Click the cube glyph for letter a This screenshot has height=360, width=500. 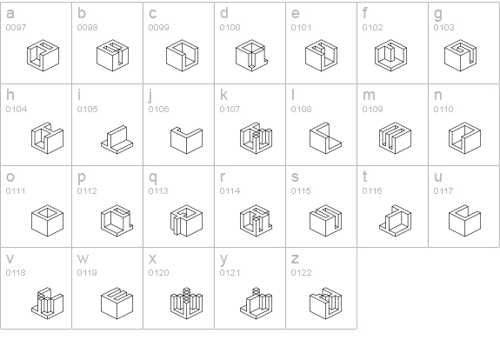[43, 56]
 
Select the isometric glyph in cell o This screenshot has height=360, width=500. [48, 221]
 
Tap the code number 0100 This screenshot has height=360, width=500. [230, 28]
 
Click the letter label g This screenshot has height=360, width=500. [438, 14]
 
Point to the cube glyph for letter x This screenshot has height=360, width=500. [187, 303]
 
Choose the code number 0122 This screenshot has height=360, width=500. [301, 273]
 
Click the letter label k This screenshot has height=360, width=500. [223, 95]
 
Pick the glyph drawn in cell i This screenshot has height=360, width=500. [117, 140]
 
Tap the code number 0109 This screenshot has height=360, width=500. [372, 110]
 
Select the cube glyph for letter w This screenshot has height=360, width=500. [117, 303]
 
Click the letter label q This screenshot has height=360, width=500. [153, 177]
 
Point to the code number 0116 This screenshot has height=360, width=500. [372, 191]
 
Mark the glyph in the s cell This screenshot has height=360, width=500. [325, 221]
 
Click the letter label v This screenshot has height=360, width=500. [10, 258]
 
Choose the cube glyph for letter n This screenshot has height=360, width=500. [464, 138]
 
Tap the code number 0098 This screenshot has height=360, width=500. [87, 28]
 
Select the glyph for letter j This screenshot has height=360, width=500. [187, 140]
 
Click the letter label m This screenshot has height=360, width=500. [369, 95]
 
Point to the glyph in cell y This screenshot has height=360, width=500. [256, 303]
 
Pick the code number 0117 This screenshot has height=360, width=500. [443, 191]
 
